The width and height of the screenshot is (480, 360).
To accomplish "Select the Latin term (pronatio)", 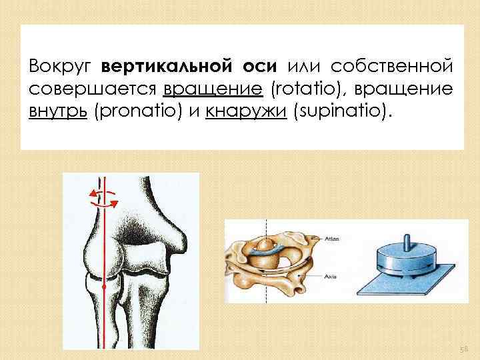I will pyautogui.click(x=141, y=111).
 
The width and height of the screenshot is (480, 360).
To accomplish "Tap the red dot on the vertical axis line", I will pyautogui.click(x=104, y=287).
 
